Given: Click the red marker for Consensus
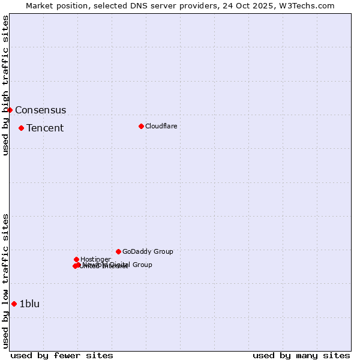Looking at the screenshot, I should (x=10, y=110).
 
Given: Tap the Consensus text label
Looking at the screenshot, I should (x=40, y=110).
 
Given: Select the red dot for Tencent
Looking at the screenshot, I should (x=21, y=128).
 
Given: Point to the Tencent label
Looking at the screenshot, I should (x=45, y=128).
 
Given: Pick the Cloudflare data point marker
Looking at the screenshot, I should (x=141, y=126).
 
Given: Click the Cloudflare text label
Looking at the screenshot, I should (x=161, y=127).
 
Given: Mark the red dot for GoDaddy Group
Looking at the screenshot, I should (x=118, y=251).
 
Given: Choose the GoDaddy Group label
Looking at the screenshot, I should (x=148, y=252).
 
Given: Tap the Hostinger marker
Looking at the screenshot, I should (x=76, y=259).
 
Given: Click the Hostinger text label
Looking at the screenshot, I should (x=95, y=260).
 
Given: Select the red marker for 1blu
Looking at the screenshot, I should (x=14, y=304).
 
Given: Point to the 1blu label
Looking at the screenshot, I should (x=29, y=304).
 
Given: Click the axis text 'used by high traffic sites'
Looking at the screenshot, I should (x=6, y=85).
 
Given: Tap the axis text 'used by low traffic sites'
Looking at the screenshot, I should (x=6, y=281).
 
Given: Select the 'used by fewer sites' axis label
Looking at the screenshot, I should (x=62, y=355).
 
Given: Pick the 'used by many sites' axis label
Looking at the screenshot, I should (x=301, y=355).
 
